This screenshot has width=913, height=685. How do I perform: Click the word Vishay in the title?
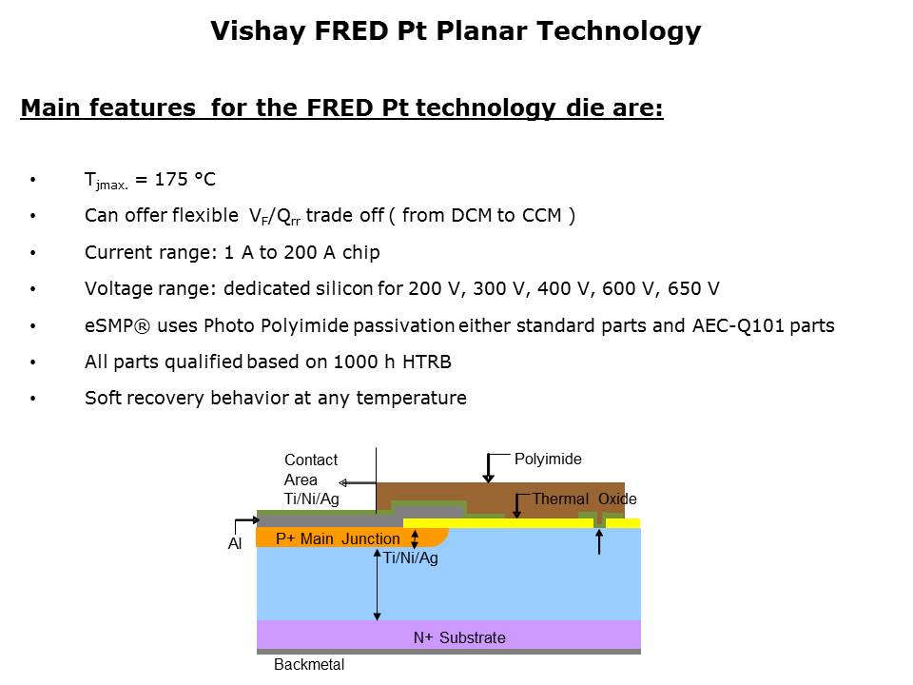(x=258, y=31)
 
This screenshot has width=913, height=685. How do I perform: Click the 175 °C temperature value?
(x=185, y=180)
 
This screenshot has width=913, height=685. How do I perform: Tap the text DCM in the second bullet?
(x=471, y=216)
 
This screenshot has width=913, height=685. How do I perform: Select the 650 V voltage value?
(x=693, y=288)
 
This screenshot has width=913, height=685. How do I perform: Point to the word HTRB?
(x=427, y=362)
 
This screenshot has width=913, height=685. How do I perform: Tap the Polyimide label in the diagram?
(x=548, y=459)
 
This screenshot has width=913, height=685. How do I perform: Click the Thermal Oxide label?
(x=584, y=499)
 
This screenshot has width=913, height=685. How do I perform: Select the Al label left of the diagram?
(x=235, y=543)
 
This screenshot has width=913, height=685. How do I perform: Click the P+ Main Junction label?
(x=338, y=538)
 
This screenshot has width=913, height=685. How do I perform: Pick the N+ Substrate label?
(x=459, y=637)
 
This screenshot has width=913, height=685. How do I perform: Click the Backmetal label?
(x=309, y=665)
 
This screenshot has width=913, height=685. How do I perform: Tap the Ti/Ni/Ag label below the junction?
(x=411, y=558)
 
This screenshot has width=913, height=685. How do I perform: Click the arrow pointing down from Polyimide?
(x=489, y=468)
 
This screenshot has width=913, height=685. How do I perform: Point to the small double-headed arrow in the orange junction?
(x=415, y=538)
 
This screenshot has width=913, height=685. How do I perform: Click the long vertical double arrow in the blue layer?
(x=378, y=585)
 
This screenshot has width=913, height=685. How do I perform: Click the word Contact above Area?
(x=311, y=460)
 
